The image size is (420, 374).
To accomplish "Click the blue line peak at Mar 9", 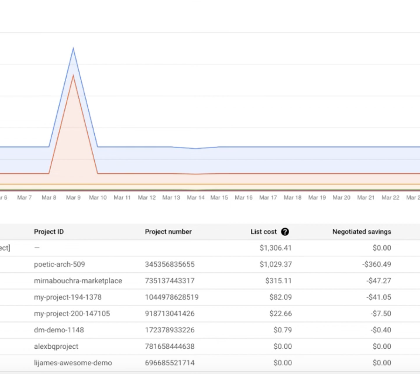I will pyautogui.click(x=73, y=48).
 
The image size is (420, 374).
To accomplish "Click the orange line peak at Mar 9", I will pyautogui.click(x=73, y=75).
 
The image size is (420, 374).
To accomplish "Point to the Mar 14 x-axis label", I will pyautogui.click(x=196, y=198).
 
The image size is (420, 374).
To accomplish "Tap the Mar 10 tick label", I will pyautogui.click(x=97, y=198).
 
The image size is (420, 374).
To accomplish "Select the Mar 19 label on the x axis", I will pyautogui.click(x=317, y=198).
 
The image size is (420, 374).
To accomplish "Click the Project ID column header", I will pyautogui.click(x=49, y=232).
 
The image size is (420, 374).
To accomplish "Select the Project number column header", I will pyautogui.click(x=168, y=232).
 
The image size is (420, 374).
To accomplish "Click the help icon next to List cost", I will pyautogui.click(x=285, y=232).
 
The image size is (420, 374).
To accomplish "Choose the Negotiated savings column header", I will pyautogui.click(x=362, y=232).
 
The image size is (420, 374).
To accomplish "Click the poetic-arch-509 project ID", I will pyautogui.click(x=59, y=265).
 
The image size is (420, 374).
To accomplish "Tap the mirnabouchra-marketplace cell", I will pyautogui.click(x=78, y=281).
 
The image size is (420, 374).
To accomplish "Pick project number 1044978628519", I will pyautogui.click(x=172, y=297).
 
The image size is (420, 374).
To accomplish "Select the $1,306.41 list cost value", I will pyautogui.click(x=275, y=248).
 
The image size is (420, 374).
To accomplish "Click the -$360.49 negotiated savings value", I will pyautogui.click(x=376, y=265).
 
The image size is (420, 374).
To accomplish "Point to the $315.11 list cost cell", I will pyautogui.click(x=278, y=281).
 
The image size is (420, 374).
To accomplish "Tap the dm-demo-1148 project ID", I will pyautogui.click(x=59, y=330).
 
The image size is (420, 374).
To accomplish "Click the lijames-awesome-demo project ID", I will pyautogui.click(x=73, y=363).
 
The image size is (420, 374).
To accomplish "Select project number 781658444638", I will pyautogui.click(x=169, y=346).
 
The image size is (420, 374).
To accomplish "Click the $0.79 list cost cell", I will pyautogui.click(x=282, y=330).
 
